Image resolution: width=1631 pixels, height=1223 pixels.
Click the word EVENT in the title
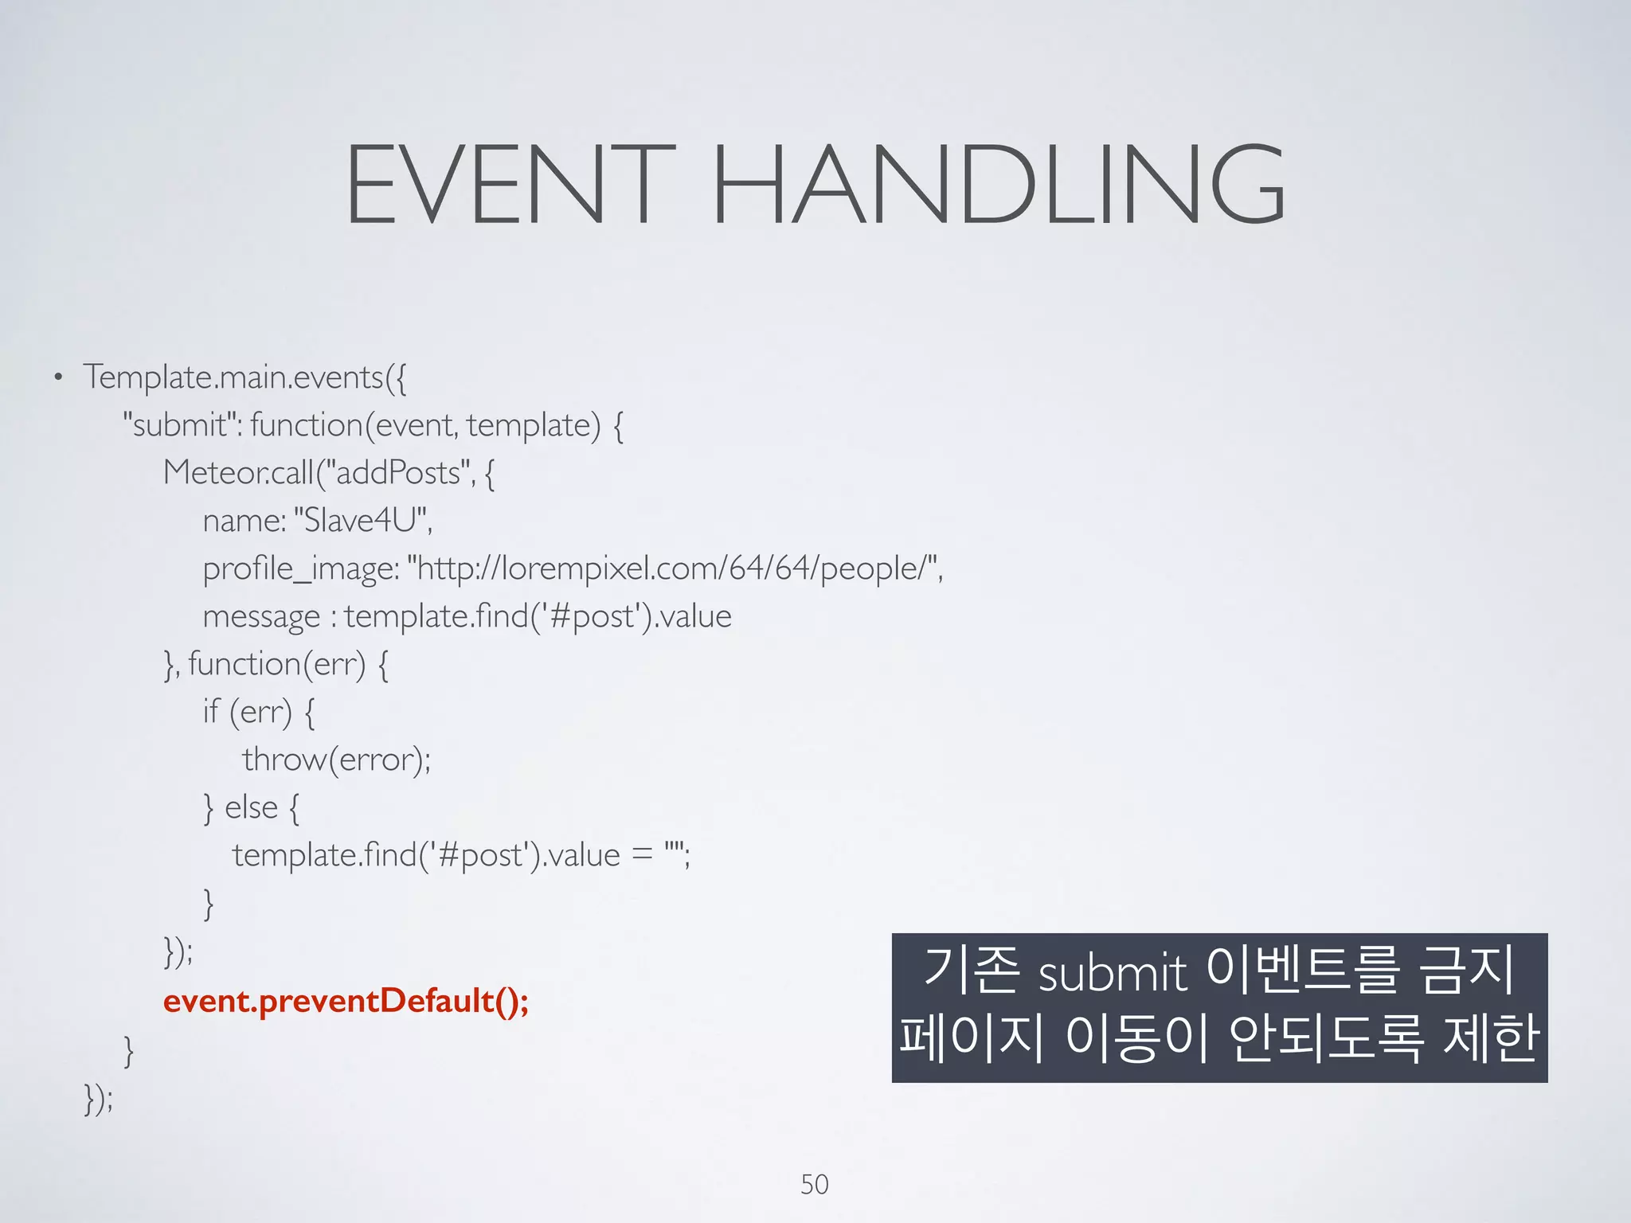510,185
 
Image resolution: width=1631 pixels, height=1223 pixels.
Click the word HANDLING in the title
999,185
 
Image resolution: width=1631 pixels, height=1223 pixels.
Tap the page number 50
814,1184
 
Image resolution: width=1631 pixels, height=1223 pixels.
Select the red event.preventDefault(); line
346,1001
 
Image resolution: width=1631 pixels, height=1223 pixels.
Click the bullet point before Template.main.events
57,377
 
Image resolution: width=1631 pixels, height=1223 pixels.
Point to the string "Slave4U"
362,521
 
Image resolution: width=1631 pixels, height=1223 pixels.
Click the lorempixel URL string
674,569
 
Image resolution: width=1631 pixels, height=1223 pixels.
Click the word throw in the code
284,760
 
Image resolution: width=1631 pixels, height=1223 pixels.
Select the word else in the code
251,807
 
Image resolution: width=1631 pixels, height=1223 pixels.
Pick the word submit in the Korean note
1113,973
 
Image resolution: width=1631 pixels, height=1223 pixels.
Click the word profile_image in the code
300,569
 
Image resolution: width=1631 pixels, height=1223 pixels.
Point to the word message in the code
261,617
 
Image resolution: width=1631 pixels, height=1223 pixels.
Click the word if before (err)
210,711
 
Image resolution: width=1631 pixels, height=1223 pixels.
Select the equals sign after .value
642,856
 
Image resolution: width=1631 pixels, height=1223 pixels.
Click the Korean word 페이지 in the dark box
972,1038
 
